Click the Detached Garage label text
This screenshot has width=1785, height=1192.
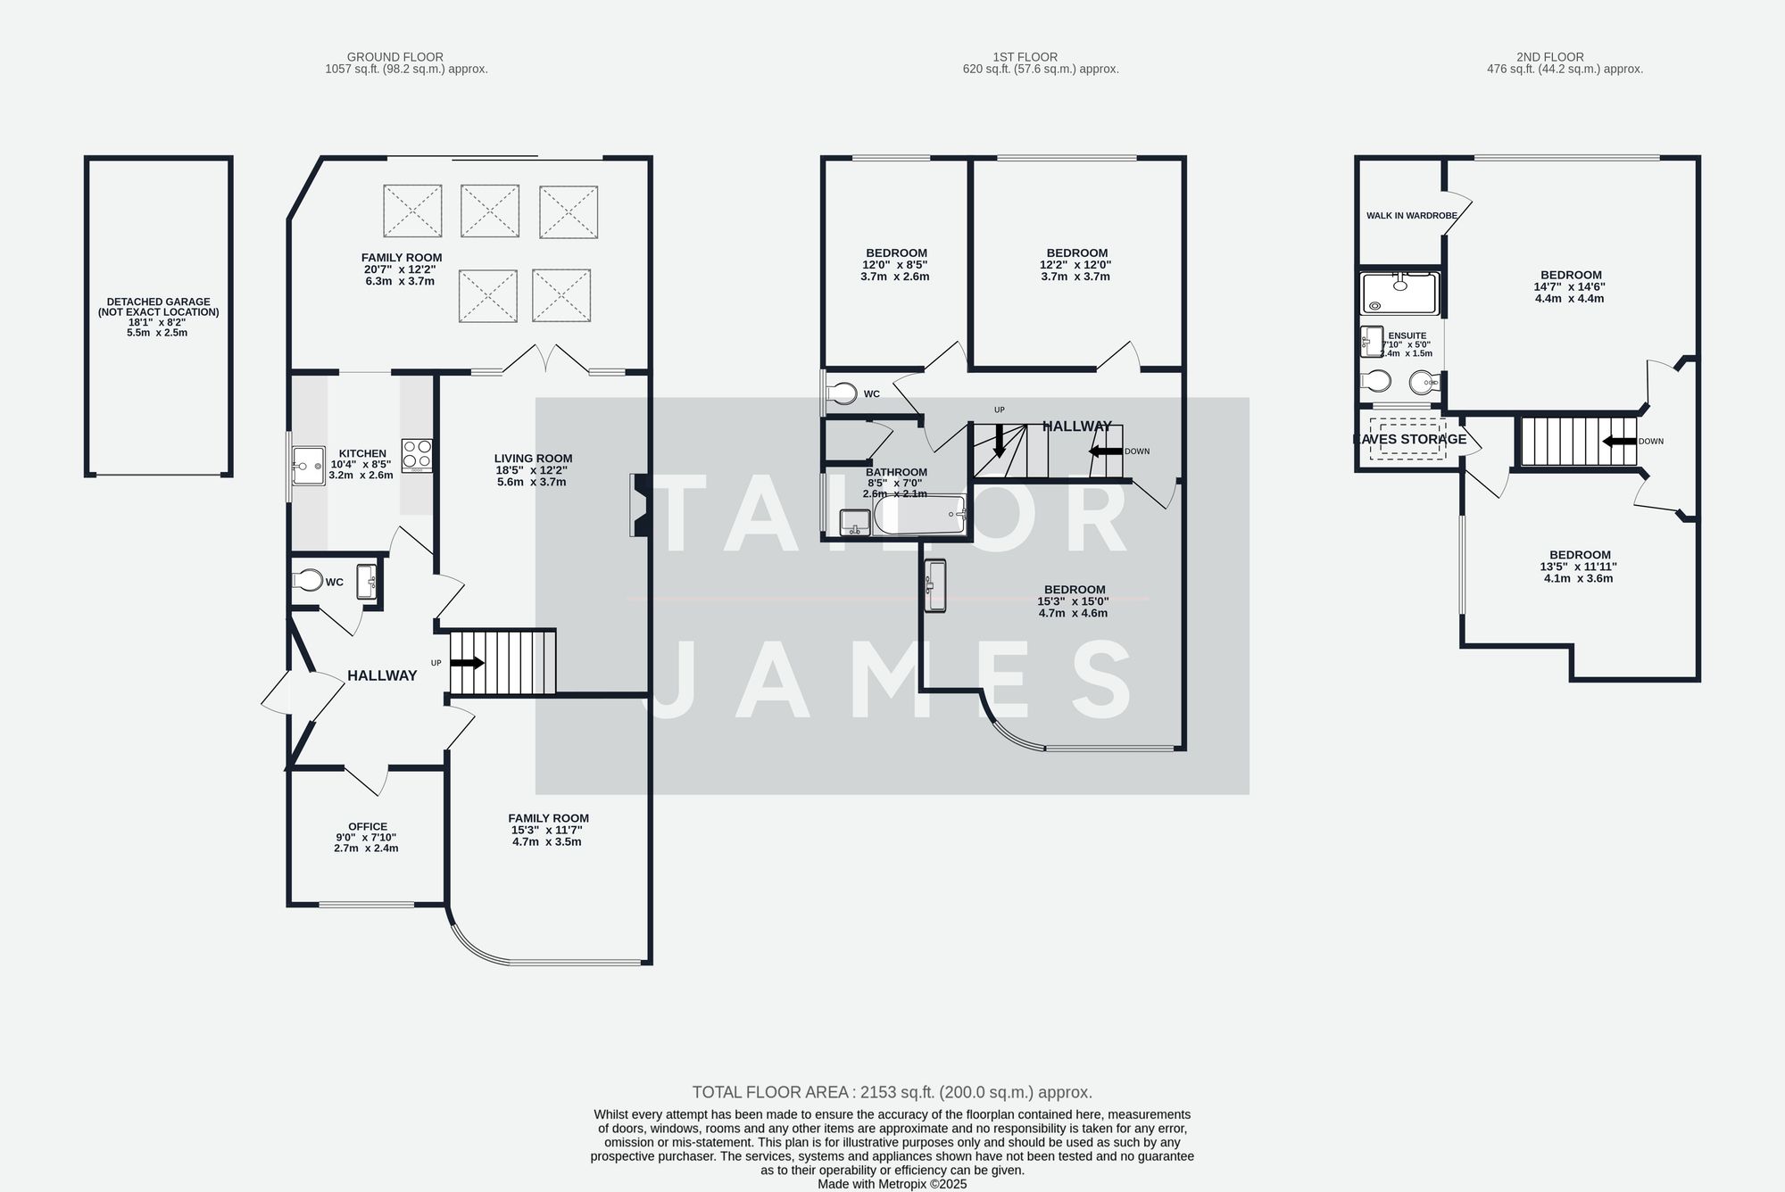158,307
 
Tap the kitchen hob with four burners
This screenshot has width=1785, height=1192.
417,455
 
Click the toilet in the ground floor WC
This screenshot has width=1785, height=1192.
308,581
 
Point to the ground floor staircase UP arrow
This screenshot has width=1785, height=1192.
467,663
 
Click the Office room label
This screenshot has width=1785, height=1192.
368,826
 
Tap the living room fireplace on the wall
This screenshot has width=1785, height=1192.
639,505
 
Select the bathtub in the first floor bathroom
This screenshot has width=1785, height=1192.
920,515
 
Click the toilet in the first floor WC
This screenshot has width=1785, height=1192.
842,393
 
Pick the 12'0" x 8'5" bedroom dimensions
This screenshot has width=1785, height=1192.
894,265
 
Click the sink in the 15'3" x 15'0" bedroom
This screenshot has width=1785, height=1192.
934,585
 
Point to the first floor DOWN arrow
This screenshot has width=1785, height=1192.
1106,451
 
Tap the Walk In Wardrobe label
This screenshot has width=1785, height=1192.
1411,215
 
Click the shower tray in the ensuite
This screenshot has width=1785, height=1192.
1400,294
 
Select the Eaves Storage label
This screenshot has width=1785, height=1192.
1410,439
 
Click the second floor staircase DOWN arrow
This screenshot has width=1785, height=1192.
1619,441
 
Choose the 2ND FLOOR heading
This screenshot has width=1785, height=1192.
1549,56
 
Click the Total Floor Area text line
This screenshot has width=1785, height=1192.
892,1092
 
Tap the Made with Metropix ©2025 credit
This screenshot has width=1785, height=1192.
892,1184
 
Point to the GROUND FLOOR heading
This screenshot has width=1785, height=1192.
394,56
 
